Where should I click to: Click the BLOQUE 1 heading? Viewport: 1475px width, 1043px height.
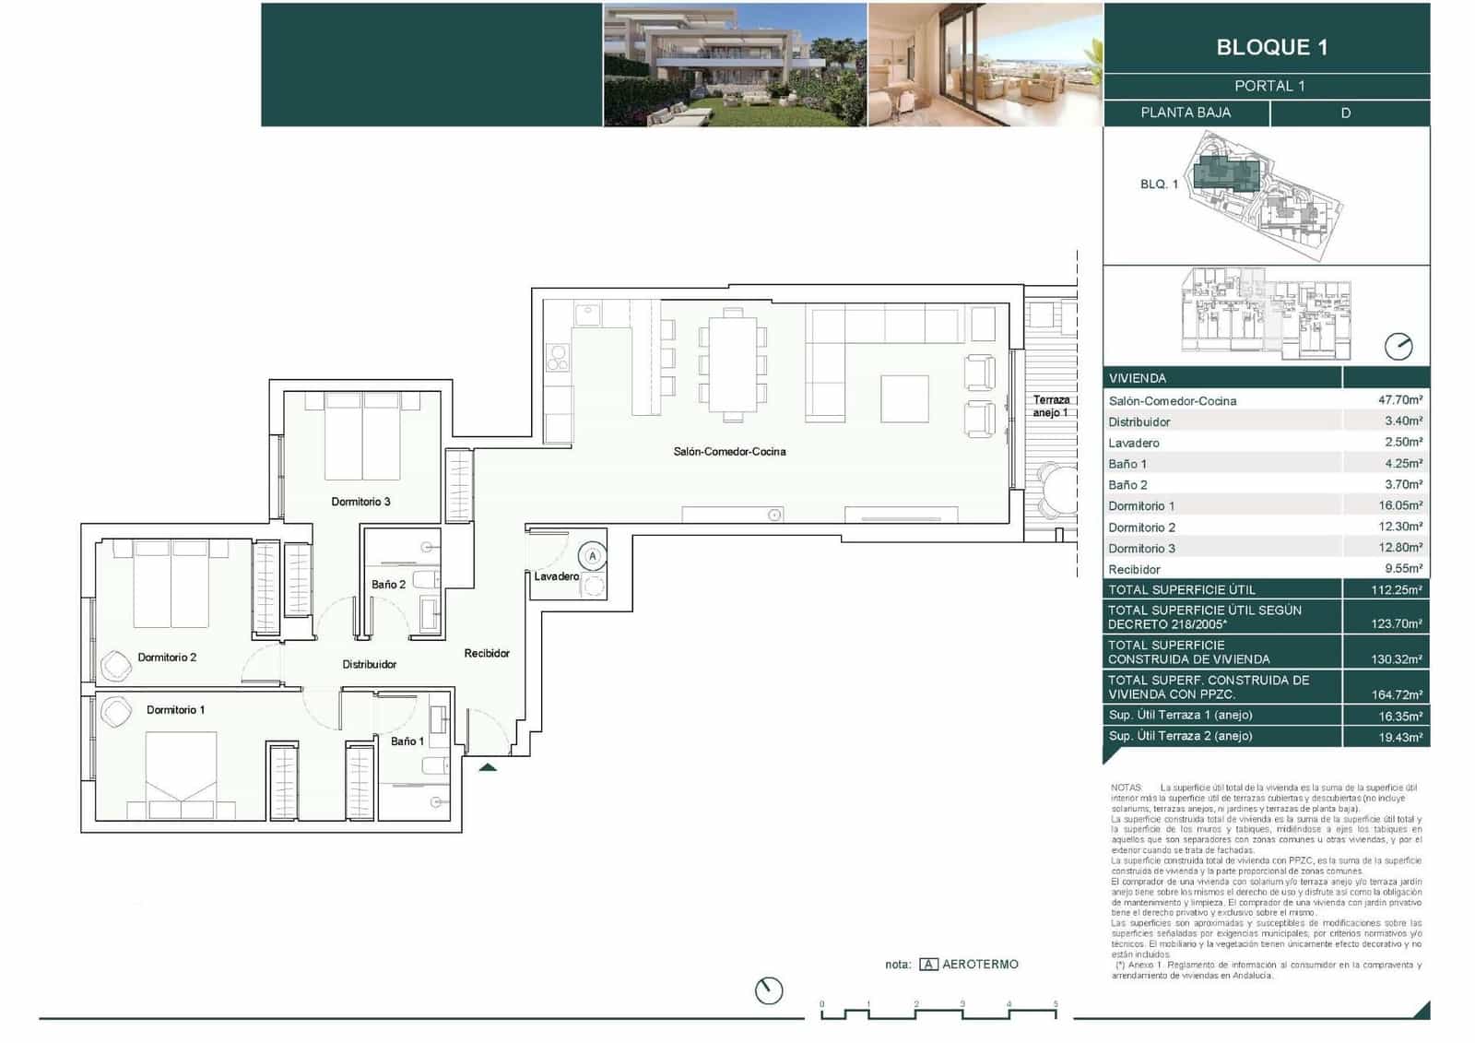tap(1271, 47)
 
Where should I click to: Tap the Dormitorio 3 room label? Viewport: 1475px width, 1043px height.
tap(360, 502)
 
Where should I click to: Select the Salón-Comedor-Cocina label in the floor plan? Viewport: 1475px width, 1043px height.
tap(729, 451)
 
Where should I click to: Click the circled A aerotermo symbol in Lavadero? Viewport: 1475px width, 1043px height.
tap(593, 556)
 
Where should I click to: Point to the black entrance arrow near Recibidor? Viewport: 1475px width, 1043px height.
tap(488, 766)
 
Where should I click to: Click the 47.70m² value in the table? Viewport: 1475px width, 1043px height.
tap(1399, 400)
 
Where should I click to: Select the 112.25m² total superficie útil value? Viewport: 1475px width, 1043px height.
tap(1396, 589)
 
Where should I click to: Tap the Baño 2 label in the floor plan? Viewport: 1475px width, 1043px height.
tap(388, 584)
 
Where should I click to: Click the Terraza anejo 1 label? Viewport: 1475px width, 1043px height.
tap(1051, 406)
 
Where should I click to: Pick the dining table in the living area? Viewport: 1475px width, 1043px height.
tap(733, 364)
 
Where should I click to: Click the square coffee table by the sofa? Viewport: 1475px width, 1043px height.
tap(903, 398)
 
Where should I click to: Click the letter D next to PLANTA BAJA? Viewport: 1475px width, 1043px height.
tap(1345, 113)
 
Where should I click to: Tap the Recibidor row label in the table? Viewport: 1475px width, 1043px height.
tap(1134, 570)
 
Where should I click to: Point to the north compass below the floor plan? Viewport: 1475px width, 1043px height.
tap(769, 990)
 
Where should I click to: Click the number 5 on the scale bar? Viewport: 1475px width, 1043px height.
tap(1056, 1004)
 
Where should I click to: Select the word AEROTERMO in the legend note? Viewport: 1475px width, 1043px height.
tap(980, 964)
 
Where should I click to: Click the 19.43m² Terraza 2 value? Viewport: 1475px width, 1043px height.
tap(1399, 737)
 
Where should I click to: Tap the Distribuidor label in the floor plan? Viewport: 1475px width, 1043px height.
tap(369, 664)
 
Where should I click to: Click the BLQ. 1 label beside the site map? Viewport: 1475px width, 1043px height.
tap(1159, 184)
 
